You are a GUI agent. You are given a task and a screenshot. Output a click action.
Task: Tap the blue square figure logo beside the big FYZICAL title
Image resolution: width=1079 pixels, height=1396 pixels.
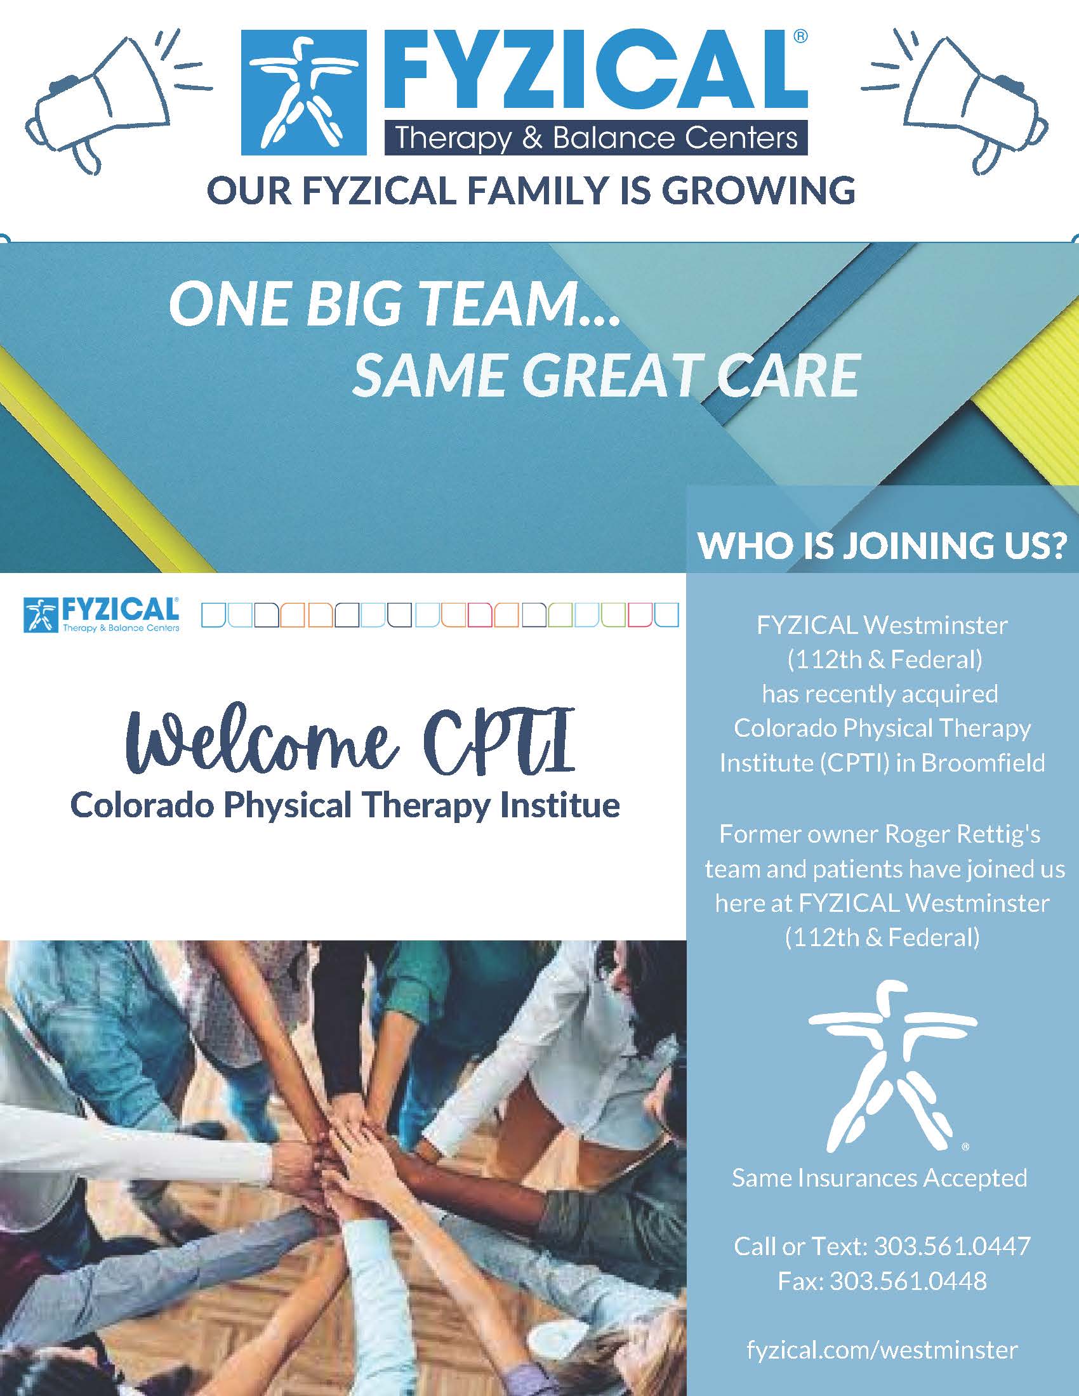[303, 93]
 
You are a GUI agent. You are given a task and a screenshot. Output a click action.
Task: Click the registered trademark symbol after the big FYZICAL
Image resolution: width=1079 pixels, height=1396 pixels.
[800, 37]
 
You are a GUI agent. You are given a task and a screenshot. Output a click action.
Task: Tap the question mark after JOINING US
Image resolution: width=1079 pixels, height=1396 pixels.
[1057, 545]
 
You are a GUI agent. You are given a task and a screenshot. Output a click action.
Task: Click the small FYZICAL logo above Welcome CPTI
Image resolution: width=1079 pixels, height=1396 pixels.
[101, 614]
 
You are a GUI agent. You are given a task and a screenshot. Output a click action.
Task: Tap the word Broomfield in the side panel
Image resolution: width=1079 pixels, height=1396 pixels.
[983, 763]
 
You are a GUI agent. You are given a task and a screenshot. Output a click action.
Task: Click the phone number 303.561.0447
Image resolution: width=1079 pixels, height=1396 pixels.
[952, 1246]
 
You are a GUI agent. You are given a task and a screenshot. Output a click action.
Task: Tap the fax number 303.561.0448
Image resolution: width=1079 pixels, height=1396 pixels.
[908, 1281]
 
